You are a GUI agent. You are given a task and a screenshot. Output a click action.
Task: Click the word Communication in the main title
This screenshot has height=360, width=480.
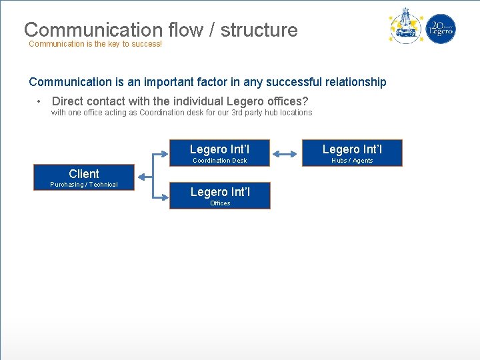[93, 30]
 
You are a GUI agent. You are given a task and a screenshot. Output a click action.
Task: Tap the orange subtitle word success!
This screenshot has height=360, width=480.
[145, 44]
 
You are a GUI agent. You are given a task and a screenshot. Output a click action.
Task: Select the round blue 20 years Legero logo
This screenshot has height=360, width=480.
[441, 29]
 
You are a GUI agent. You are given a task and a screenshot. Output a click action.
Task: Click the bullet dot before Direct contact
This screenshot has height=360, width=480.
[40, 101]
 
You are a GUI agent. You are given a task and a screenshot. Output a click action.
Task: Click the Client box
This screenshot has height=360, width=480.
[84, 177]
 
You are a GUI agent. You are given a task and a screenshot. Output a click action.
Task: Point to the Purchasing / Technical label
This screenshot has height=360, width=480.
[84, 185]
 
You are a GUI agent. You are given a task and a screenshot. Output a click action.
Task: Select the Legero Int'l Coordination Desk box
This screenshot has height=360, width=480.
[219, 153]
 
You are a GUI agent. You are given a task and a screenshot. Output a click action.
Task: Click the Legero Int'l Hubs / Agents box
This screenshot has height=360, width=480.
[352, 153]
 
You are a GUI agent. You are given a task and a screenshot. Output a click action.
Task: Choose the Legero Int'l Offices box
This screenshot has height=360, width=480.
[219, 195]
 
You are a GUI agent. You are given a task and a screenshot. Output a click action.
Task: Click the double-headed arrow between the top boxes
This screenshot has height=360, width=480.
[285, 154]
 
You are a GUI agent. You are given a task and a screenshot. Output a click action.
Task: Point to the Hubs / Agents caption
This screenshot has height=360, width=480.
[352, 161]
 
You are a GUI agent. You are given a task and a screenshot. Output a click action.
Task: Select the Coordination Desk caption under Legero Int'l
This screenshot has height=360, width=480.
[219, 161]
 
